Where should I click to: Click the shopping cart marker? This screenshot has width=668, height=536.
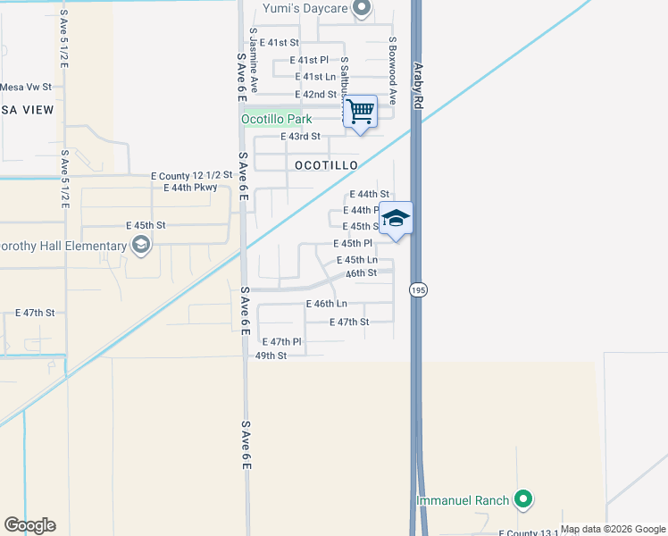coord(361,112)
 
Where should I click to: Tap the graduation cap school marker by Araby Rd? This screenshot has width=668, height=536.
coord(396,218)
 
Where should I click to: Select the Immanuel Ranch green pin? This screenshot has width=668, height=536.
coord(524,500)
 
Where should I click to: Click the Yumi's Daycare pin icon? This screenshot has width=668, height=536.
coord(362,9)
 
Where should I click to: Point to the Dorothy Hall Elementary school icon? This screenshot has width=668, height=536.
coord(140,246)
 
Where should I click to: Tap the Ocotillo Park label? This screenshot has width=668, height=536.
coord(276,118)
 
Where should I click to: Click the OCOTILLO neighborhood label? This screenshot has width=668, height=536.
coord(326,165)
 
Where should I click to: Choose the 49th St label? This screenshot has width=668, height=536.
coord(271,355)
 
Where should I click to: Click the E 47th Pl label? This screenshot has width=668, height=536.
coord(282,341)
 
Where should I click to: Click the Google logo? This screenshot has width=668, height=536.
coord(29,525)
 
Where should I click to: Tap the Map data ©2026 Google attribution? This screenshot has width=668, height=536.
coord(613,530)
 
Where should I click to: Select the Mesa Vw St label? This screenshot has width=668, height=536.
coord(26,88)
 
